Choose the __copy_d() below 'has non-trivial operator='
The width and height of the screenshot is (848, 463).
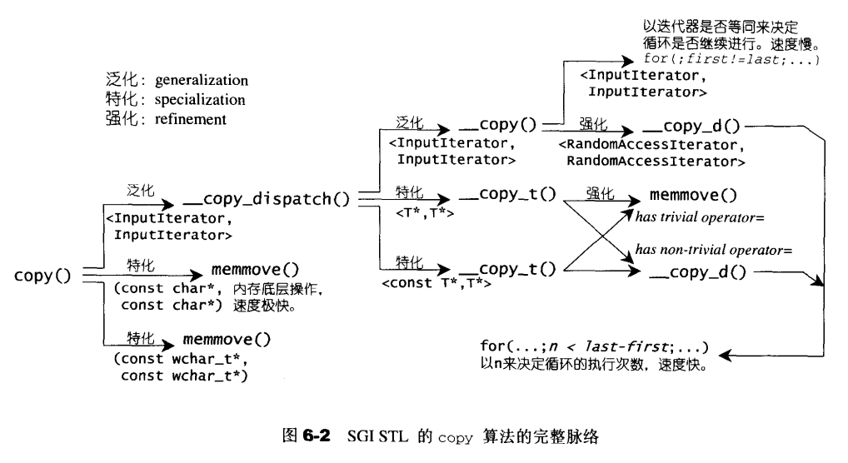click(698, 272)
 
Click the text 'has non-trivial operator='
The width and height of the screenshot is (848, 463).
click(712, 249)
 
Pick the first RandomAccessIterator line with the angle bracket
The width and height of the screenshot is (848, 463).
click(647, 144)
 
